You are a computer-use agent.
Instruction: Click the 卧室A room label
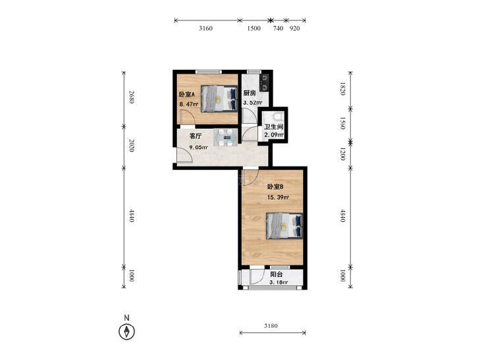pos(187,95)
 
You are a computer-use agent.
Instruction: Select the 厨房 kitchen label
pos(250,93)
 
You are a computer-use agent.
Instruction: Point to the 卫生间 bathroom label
pos(274,126)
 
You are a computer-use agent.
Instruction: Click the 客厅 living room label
pos(196,136)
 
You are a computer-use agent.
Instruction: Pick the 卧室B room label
pos(275,186)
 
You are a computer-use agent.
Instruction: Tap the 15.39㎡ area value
pos(279,197)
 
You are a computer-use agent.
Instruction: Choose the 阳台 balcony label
pos(277,274)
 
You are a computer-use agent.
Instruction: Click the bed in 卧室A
pos(219,99)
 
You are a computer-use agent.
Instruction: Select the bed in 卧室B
pos(284,226)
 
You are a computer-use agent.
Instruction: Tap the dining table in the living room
pos(225,138)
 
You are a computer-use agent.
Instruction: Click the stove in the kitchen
pos(263,82)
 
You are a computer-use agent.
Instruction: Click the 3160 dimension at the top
pos(205,28)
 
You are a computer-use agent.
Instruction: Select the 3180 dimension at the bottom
pos(271,326)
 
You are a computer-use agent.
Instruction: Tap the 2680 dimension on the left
pos(131,97)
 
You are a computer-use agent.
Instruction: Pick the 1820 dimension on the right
pos(343,89)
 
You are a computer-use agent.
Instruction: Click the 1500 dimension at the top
pos(253,28)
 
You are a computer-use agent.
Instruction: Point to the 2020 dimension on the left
pos(131,146)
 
